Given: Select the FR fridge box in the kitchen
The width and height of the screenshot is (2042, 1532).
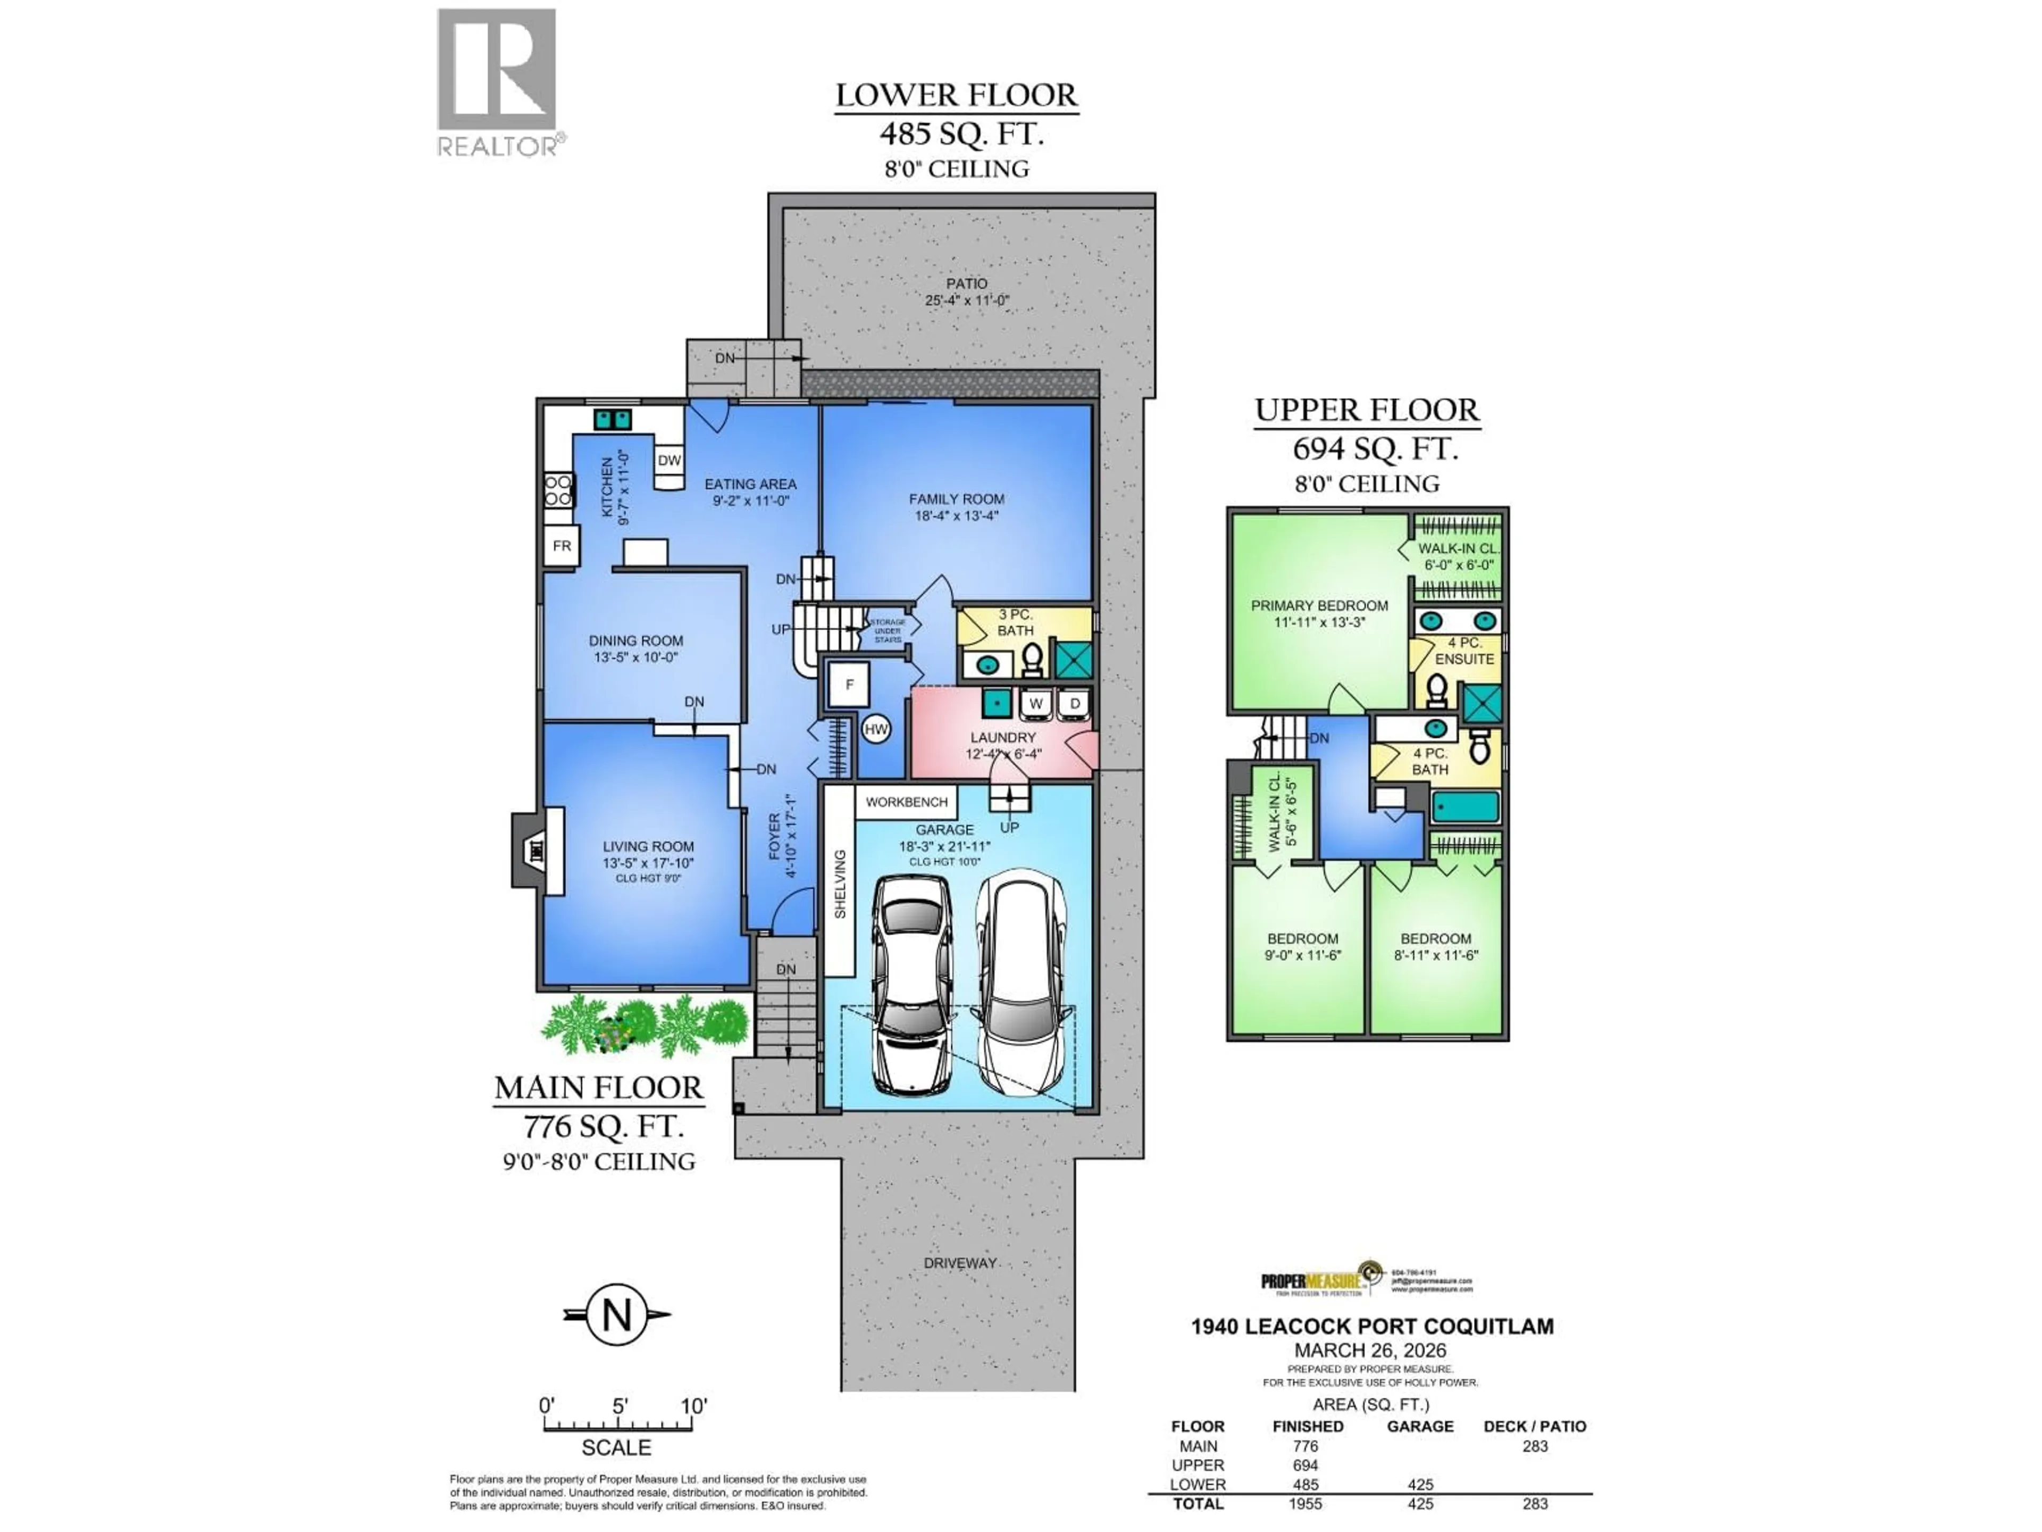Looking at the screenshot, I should pyautogui.click(x=561, y=546).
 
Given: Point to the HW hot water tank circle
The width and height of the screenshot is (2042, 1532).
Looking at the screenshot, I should pyautogui.click(x=875, y=729).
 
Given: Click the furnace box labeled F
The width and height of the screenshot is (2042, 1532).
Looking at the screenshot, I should pyautogui.click(x=848, y=684).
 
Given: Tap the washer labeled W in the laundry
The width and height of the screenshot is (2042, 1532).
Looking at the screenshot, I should pyautogui.click(x=1036, y=704).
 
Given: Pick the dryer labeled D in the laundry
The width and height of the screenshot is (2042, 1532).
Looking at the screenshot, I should pyautogui.click(x=1075, y=704).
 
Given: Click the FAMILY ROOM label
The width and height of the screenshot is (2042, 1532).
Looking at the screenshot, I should pyautogui.click(x=956, y=498).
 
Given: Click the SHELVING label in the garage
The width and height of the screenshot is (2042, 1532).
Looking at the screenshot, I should pyautogui.click(x=839, y=884).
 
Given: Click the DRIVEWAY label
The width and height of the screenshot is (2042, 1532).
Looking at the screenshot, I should pyautogui.click(x=959, y=1262).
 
